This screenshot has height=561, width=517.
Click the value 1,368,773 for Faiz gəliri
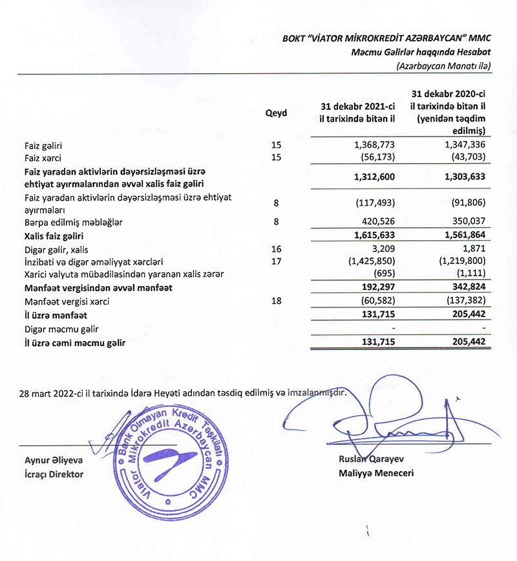[x=372, y=146]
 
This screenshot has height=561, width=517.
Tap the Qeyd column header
[x=276, y=113]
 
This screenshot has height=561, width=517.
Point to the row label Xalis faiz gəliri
[x=54, y=237]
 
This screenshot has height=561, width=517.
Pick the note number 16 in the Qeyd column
[x=277, y=249]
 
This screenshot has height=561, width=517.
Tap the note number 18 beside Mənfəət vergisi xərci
[x=277, y=300]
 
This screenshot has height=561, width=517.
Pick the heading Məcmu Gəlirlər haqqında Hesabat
[x=421, y=52]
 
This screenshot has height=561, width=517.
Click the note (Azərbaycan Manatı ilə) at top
[x=445, y=66]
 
